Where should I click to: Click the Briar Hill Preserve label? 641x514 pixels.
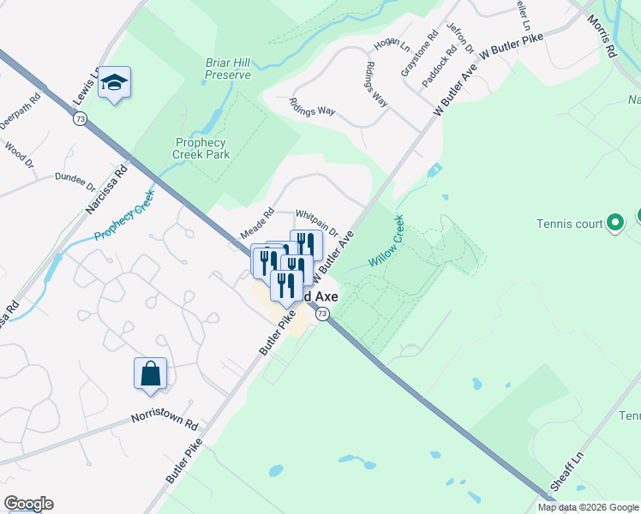(228, 69)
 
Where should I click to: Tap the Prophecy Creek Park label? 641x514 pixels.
(201, 148)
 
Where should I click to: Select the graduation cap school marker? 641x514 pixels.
(114, 83)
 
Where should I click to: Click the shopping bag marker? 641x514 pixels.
(150, 374)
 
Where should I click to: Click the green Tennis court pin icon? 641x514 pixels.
(614, 224)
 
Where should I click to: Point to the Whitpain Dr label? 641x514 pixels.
(317, 217)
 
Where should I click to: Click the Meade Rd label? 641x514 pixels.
(256, 224)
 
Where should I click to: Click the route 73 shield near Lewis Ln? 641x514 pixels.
(80, 121)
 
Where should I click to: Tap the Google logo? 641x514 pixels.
(28, 504)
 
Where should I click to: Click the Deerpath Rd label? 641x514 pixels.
(20, 111)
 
